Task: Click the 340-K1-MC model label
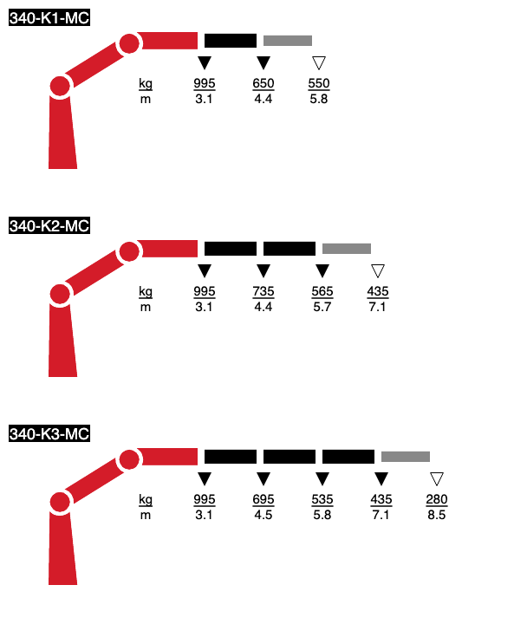[x=49, y=18]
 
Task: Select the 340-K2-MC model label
[x=49, y=225]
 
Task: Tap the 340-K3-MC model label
[x=49, y=433]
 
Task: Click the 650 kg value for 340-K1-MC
[x=263, y=83]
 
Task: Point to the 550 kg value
[x=319, y=83]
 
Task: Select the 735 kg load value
[x=263, y=291]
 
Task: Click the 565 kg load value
[x=322, y=291]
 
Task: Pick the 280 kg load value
[x=437, y=499]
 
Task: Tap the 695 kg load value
[x=263, y=499]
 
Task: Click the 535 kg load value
[x=322, y=499]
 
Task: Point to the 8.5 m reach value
[x=437, y=515]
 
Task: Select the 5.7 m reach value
[x=322, y=307]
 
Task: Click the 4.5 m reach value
[x=263, y=515]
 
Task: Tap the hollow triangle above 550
[x=319, y=62]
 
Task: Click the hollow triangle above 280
[x=437, y=478]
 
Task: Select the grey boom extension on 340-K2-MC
[x=347, y=249]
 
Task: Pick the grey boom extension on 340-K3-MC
[x=406, y=457]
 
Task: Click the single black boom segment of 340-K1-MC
[x=231, y=41]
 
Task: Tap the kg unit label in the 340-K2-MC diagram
[x=146, y=292]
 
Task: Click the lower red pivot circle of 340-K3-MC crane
[x=60, y=502]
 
